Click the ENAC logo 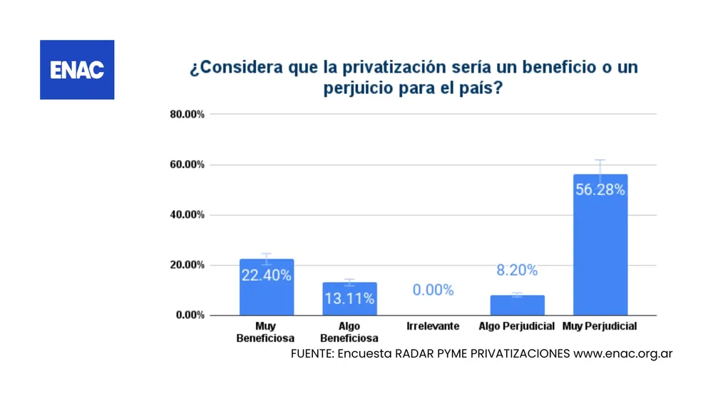click(77, 70)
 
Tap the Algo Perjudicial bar click(517, 305)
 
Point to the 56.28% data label click(600, 189)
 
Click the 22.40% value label click(266, 276)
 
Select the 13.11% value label click(349, 298)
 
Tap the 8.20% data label click(517, 270)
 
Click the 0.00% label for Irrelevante click(433, 290)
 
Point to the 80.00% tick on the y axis click(187, 115)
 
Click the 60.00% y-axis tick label click(187, 165)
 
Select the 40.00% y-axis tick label click(187, 214)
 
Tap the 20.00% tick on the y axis click(187, 265)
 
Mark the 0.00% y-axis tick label click(190, 315)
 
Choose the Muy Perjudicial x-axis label click(600, 327)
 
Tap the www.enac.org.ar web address click(623, 353)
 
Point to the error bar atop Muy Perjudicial click(600, 168)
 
